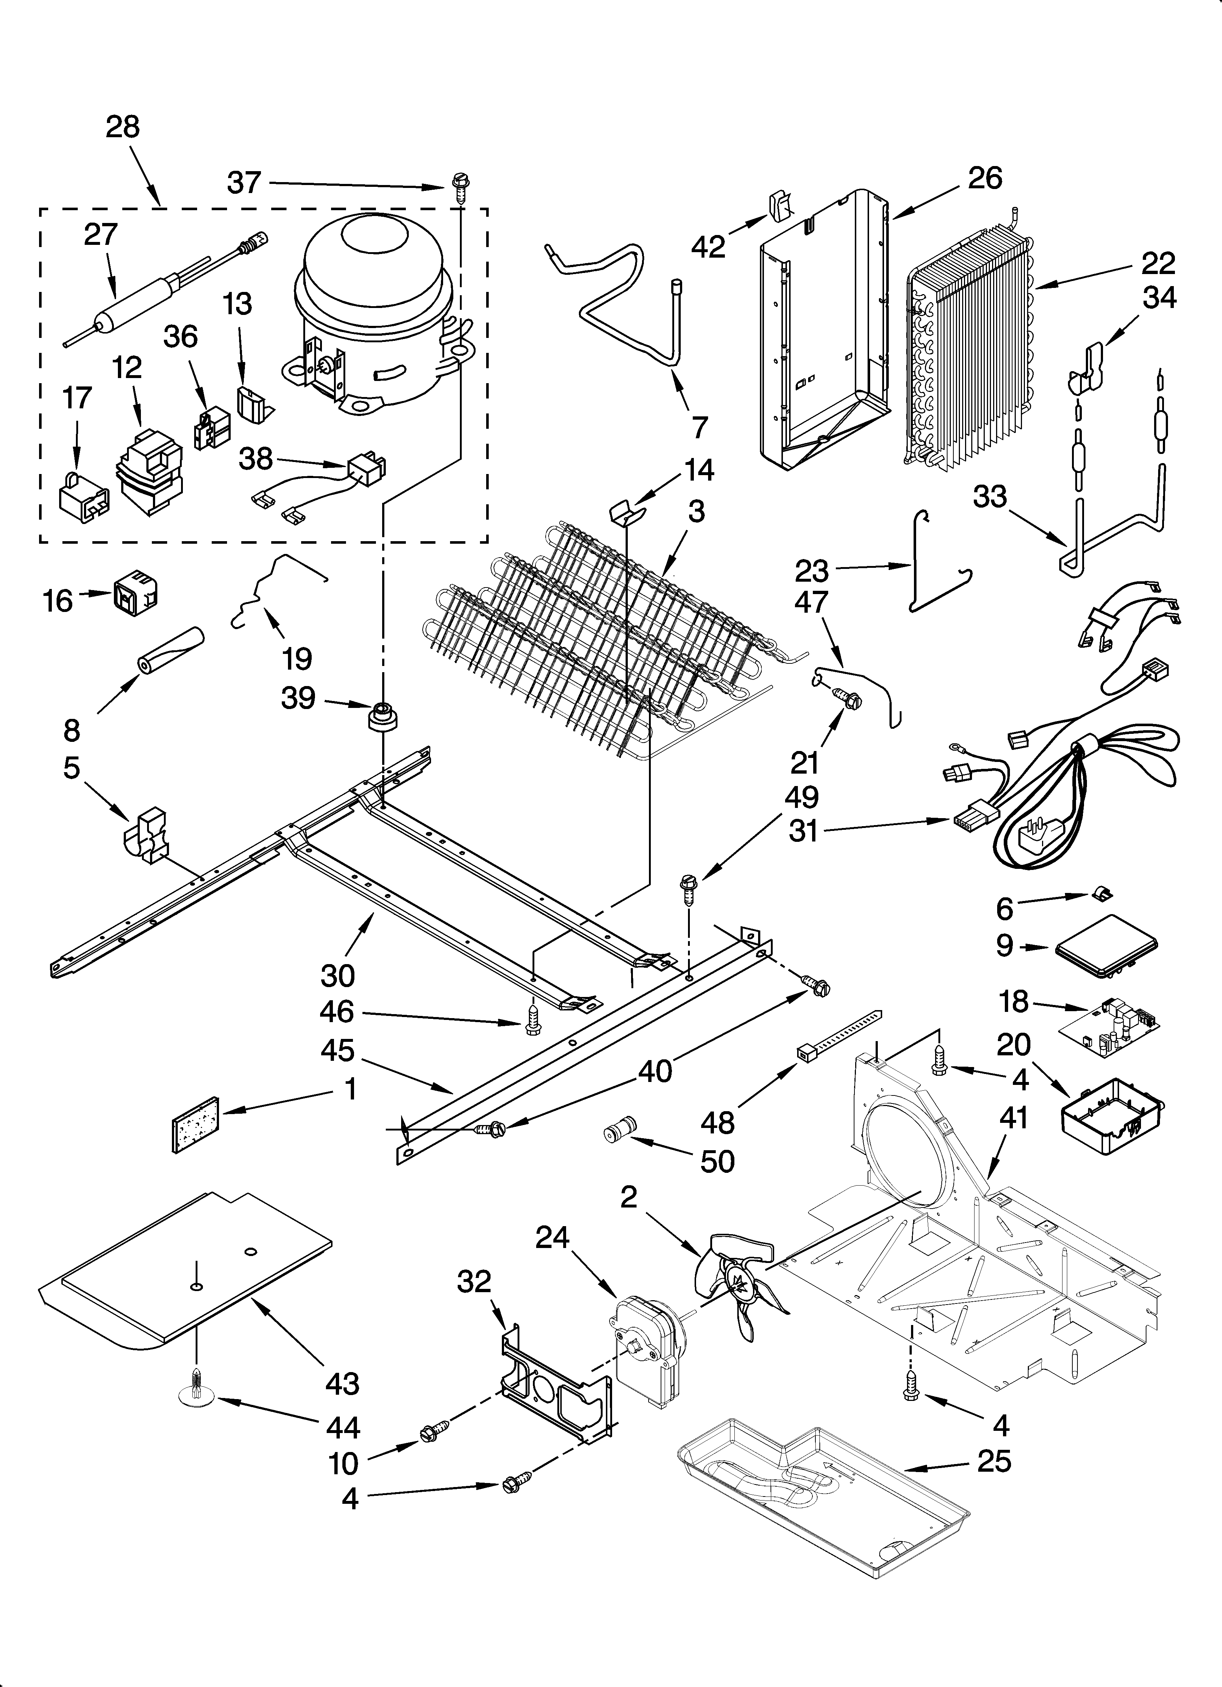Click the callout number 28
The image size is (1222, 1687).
coord(123,127)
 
